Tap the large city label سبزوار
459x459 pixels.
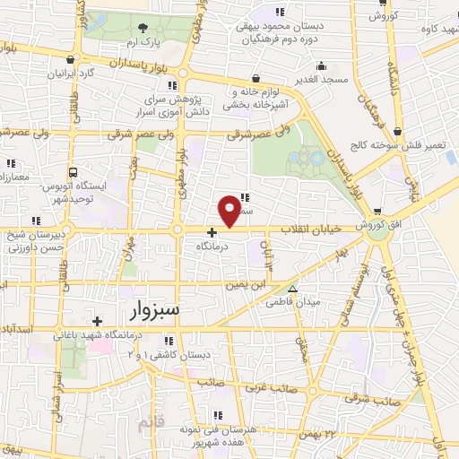(x=148, y=311)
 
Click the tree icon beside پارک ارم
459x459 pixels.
(x=144, y=29)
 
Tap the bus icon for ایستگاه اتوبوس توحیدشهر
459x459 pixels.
(x=73, y=172)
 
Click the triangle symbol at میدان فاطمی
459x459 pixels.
(x=292, y=289)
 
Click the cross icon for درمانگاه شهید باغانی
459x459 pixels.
(x=97, y=320)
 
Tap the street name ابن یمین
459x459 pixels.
(x=246, y=284)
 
